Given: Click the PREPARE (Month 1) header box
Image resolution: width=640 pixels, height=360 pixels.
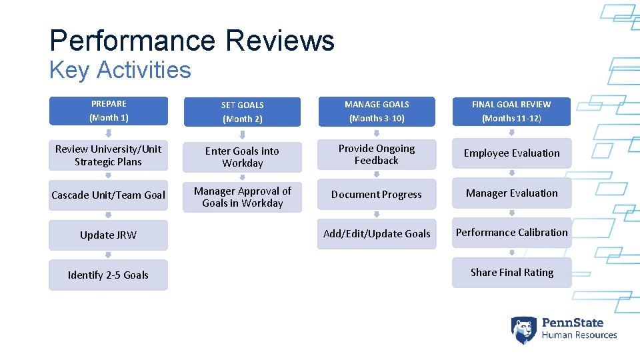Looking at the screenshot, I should [108, 111].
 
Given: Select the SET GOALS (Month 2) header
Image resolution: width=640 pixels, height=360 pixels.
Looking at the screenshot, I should [242, 112].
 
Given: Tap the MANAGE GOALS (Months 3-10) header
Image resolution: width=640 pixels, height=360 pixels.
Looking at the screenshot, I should [377, 111].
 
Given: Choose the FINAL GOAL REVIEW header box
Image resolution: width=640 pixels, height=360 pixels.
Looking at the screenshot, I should [511, 111].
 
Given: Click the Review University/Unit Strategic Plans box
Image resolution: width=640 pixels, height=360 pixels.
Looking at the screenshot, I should [108, 155].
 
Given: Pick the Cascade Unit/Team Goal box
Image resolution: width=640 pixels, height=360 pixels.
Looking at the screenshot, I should [108, 195].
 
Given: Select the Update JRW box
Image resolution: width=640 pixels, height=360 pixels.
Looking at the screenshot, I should [108, 235].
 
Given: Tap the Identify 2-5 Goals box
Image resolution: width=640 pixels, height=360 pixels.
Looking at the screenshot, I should [108, 275].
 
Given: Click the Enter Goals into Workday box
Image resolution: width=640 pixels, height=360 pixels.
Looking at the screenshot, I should [242, 157].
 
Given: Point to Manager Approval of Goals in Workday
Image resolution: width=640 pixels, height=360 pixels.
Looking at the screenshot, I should [242, 197].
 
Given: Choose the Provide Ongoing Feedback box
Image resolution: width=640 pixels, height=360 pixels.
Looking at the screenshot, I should [377, 155].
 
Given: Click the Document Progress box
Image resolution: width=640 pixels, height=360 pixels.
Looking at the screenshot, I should [377, 195].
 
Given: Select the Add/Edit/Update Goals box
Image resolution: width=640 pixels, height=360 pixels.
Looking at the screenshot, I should [377, 234].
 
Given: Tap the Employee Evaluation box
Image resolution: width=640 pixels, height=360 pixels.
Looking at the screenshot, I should [511, 153].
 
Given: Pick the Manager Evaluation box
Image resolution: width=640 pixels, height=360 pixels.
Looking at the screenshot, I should [511, 193].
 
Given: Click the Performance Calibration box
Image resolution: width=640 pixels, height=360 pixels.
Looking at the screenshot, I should [511, 233].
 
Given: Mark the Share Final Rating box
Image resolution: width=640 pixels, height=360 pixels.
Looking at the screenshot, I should [511, 273].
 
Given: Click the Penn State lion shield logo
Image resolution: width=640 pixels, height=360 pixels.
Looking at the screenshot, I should [523, 329].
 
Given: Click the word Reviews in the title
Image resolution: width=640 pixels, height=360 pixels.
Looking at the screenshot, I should [279, 41].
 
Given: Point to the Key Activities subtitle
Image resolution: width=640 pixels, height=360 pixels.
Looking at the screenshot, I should [120, 70].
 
